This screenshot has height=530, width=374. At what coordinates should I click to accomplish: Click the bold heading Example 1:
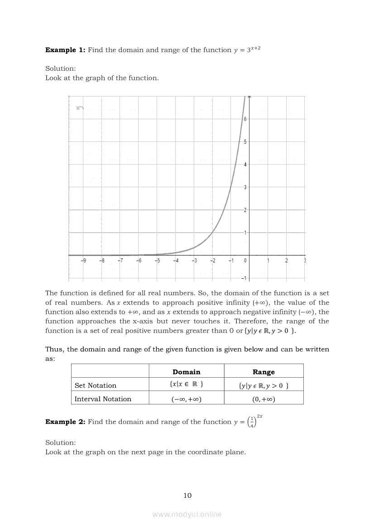coord(65,50)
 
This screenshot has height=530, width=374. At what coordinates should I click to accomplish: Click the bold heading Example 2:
coord(65,422)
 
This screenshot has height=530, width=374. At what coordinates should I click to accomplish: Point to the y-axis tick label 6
coord(245,119)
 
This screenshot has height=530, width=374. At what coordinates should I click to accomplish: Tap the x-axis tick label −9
coord(84,261)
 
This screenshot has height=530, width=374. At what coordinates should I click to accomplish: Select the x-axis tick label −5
coord(157,261)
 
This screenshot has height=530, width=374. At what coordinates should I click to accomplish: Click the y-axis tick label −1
coord(244,278)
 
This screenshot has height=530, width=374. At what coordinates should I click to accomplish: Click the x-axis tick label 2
coord(286,261)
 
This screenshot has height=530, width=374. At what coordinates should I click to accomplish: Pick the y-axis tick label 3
coord(245,187)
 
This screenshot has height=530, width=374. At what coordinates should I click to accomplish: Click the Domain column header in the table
coord(187,372)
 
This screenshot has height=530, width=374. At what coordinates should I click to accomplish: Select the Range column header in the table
coord(264,372)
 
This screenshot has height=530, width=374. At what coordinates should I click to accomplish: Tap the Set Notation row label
coord(95,385)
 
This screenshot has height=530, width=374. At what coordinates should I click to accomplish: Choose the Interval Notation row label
coord(103,399)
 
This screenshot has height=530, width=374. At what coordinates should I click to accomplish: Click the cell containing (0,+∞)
coord(264,399)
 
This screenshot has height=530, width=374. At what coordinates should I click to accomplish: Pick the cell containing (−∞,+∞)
coord(187,399)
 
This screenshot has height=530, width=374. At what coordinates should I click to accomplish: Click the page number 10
coord(187,496)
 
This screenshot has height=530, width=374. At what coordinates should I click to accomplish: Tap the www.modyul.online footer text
coord(187,514)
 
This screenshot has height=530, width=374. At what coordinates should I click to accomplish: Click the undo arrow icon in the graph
coord(80,107)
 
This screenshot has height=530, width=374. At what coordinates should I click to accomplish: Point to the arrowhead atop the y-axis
coord(249,97)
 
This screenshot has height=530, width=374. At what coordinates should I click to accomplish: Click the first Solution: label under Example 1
coord(61,68)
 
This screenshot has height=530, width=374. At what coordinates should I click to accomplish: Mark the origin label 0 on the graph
coord(245,261)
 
